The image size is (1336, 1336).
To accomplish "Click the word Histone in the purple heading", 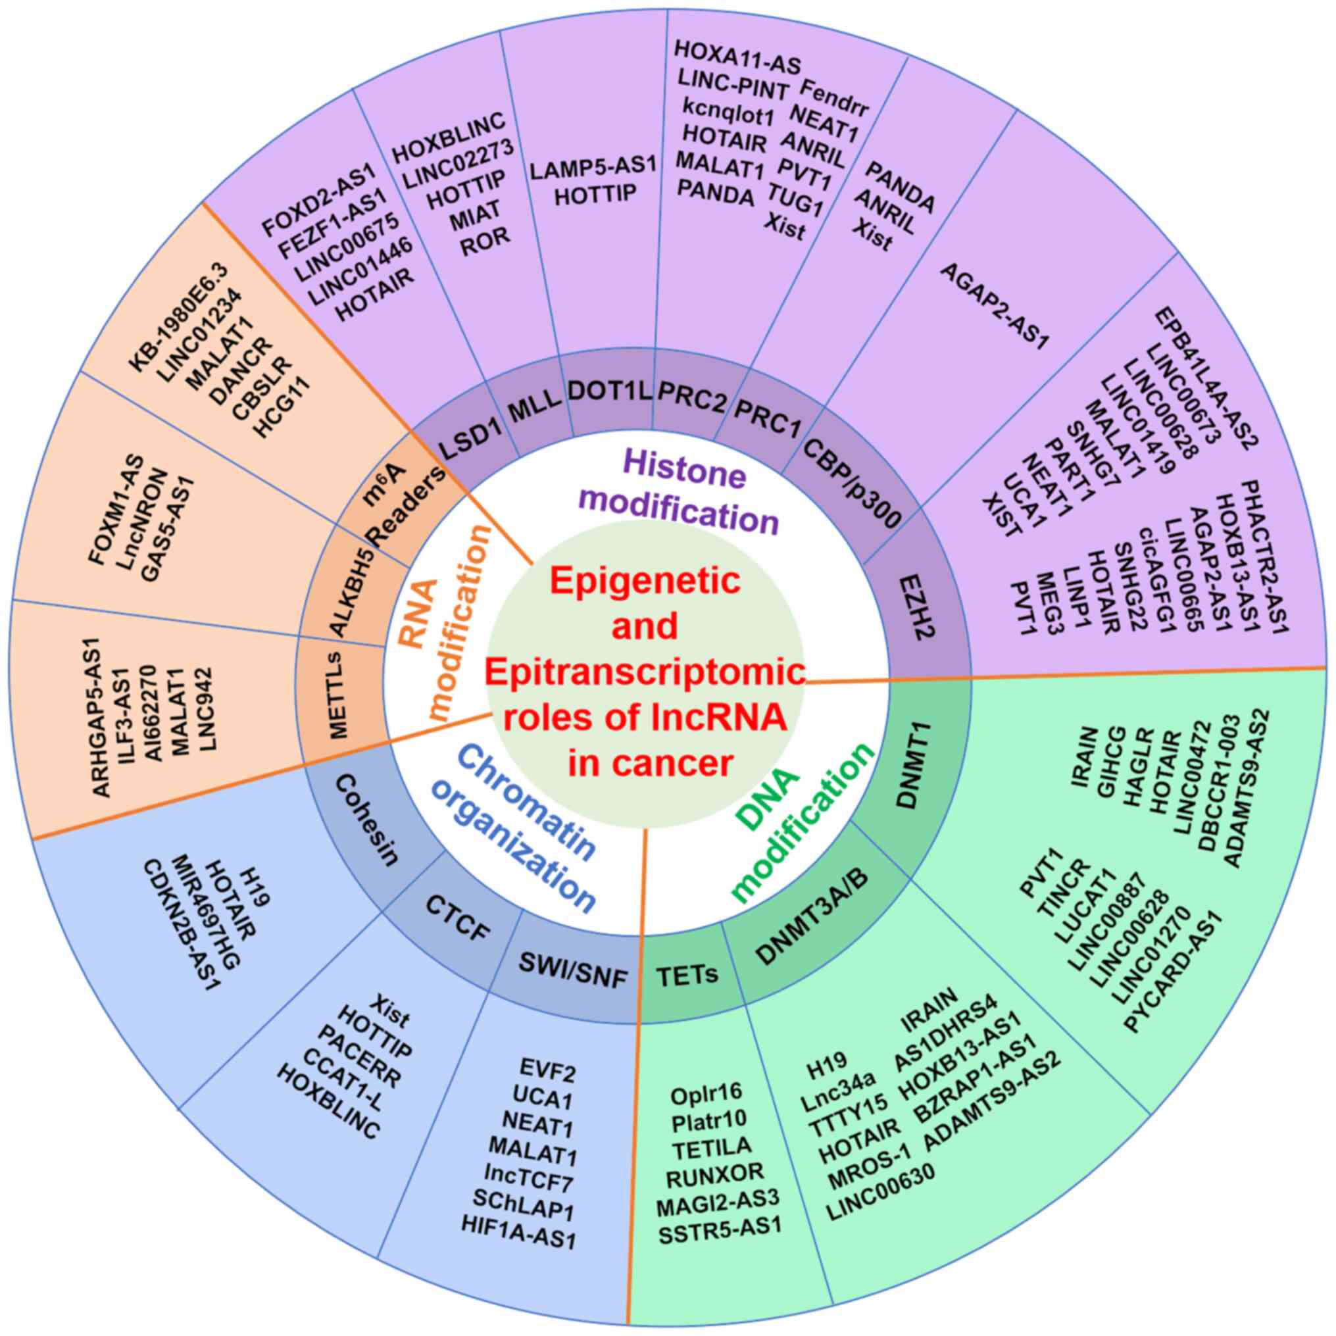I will pos(685,475).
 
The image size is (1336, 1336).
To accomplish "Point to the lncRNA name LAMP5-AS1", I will pos(593,166).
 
